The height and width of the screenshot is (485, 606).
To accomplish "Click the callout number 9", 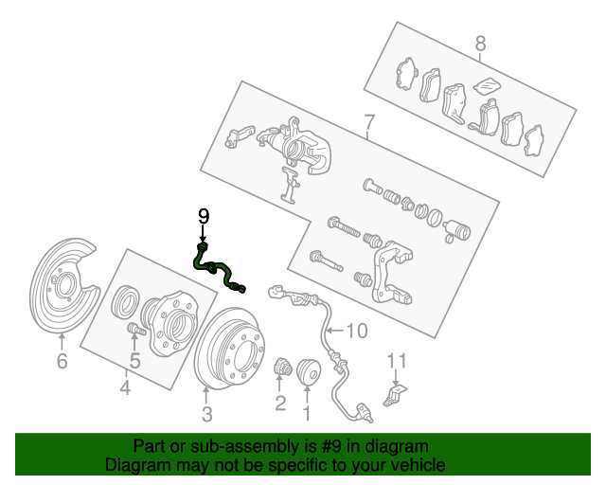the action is click(x=204, y=216).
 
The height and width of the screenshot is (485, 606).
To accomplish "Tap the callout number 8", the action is click(x=480, y=44).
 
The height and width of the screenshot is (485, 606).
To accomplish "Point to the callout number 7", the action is click(x=369, y=122).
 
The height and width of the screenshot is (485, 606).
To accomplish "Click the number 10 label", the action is click(x=357, y=331).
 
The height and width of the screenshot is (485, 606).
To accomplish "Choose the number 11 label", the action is click(x=397, y=361).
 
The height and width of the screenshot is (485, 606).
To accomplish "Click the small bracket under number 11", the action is click(x=395, y=395).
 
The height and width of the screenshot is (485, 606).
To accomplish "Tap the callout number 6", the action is click(x=62, y=361).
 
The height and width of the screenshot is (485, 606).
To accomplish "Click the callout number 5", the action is click(x=134, y=361).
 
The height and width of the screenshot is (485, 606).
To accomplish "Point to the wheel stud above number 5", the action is click(x=136, y=329).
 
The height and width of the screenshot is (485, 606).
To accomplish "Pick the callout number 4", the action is click(x=125, y=387).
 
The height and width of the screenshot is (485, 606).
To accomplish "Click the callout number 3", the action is click(x=207, y=414).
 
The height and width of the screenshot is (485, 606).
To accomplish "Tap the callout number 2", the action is click(x=280, y=404).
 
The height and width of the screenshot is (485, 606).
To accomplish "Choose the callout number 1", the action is click(x=307, y=413).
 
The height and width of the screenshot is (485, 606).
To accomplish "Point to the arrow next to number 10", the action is click(x=334, y=331).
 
